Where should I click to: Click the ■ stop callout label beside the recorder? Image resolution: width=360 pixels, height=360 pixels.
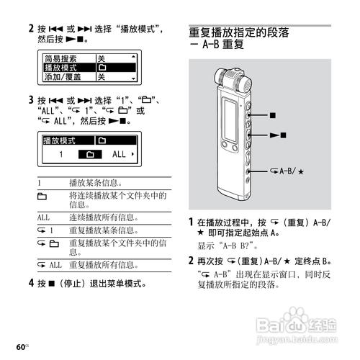(272, 114)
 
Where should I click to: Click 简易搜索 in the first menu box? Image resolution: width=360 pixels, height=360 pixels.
(62, 57)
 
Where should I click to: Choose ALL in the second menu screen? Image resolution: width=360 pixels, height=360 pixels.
(119, 155)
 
